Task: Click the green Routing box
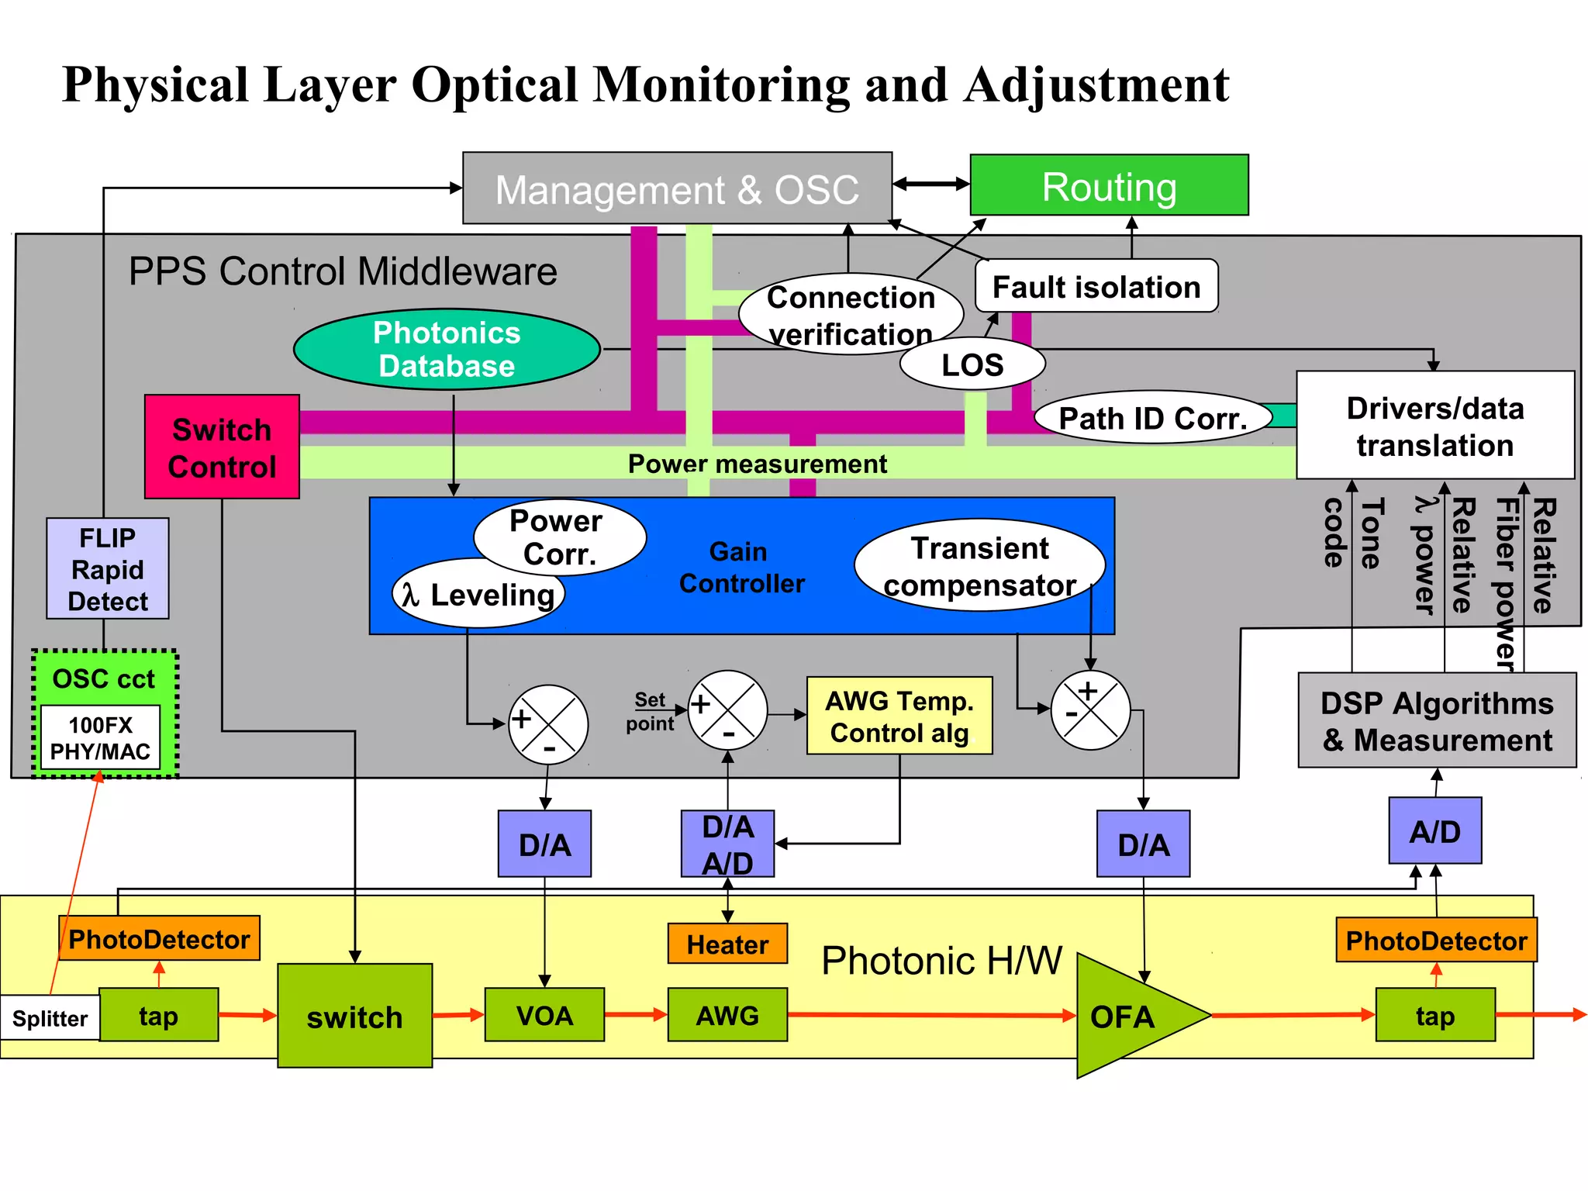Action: pos(1109,185)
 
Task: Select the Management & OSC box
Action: pos(677,188)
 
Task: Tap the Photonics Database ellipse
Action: pos(446,349)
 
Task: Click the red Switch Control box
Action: pos(222,447)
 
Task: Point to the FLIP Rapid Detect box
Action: pos(108,568)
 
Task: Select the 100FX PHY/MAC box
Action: pos(100,737)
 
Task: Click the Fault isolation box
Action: pos(1096,286)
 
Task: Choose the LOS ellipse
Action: pos(972,364)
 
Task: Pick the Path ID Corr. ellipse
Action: pos(1152,418)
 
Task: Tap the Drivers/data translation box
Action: pos(1434,426)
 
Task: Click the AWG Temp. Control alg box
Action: pos(899,716)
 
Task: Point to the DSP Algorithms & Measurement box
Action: pos(1437,720)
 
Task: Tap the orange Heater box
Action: pos(727,944)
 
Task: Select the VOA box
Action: pos(544,1014)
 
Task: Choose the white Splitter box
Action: pos(50,1017)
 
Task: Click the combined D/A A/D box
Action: pos(727,844)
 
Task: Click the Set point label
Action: pos(650,711)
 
